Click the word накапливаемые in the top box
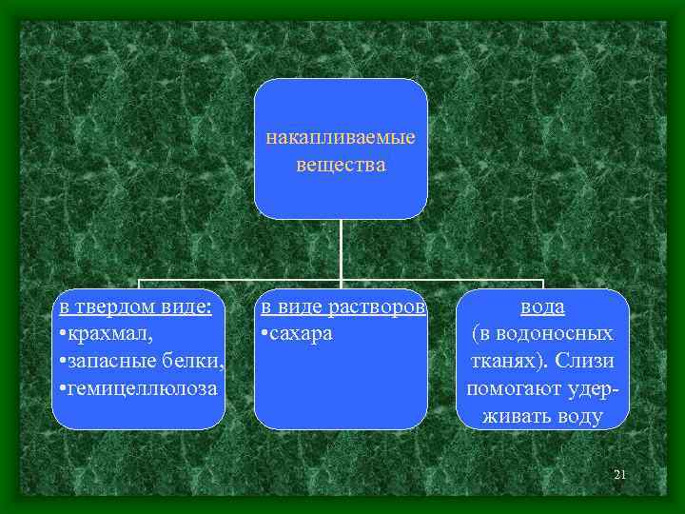coord(340,139)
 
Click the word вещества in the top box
coord(340,166)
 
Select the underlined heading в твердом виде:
coord(134,307)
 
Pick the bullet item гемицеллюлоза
coord(137,389)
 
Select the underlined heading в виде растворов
coord(342,307)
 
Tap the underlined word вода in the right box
coord(542,307)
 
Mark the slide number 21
coord(619,474)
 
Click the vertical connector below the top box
coord(341,250)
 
